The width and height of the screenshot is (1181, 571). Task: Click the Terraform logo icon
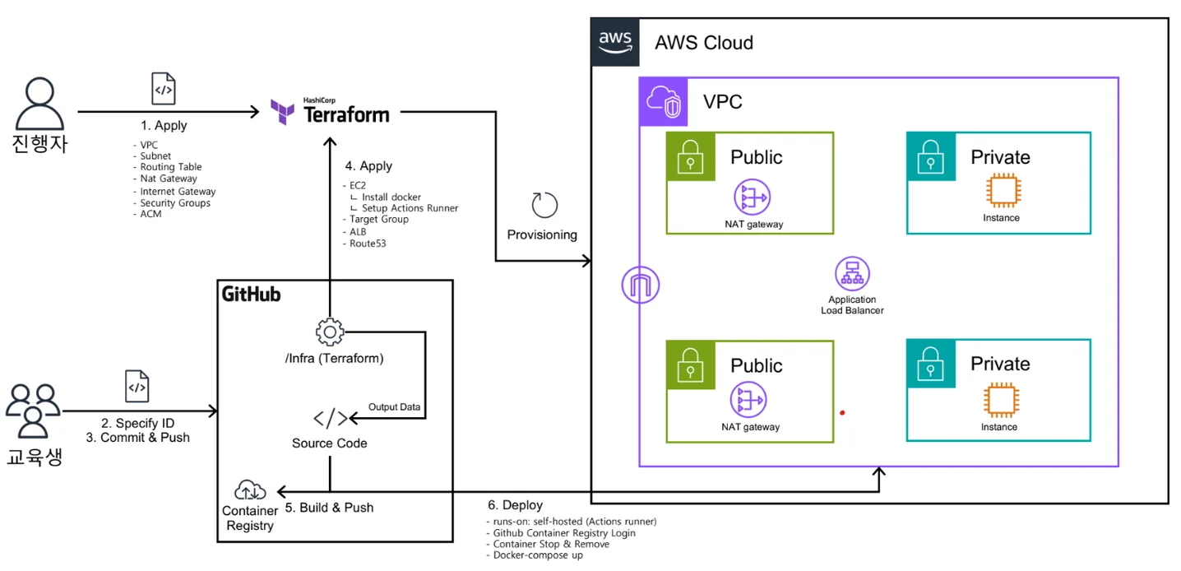[283, 112]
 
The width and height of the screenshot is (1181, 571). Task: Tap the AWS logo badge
[615, 41]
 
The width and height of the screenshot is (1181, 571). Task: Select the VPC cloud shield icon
[664, 101]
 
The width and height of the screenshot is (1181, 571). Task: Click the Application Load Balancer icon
[852, 274]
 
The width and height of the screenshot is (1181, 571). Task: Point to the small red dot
[842, 412]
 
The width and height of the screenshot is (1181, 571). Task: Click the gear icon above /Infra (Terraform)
[329, 332]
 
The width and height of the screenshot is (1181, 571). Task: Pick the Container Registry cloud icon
[249, 490]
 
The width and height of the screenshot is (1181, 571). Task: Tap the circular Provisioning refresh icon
[544, 206]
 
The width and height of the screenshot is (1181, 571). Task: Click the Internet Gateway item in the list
[178, 192]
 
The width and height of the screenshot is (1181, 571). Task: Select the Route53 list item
[368, 244]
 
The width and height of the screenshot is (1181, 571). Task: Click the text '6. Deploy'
[516, 504]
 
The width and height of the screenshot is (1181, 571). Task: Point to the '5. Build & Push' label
[329, 508]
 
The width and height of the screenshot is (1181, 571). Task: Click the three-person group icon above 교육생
[33, 411]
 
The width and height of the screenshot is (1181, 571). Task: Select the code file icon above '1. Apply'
[164, 89]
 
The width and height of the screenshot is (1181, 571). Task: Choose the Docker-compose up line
[538, 555]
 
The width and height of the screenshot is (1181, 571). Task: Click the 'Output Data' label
[394, 407]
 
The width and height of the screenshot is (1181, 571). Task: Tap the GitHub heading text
[251, 295]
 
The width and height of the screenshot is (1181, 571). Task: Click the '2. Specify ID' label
[138, 423]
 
